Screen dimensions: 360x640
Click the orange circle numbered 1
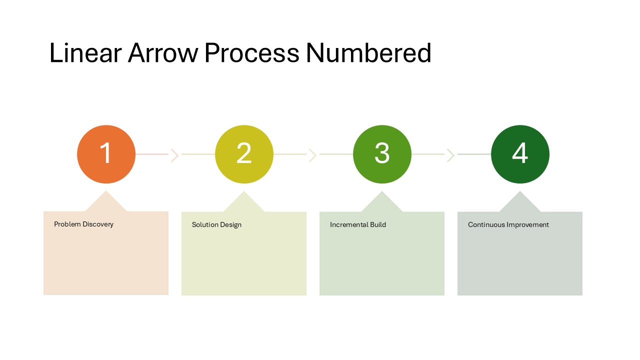click(106, 154)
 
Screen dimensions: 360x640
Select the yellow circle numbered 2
click(244, 154)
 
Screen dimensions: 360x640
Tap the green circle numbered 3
click(382, 154)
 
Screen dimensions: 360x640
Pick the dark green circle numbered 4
click(520, 154)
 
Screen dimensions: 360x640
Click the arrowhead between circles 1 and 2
click(174, 155)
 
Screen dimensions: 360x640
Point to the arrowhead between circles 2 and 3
click(313, 155)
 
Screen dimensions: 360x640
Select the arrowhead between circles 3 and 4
click(451, 155)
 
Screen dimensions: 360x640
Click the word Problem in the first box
click(67, 224)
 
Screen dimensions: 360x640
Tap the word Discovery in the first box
click(98, 224)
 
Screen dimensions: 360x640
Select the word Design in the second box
click(230, 225)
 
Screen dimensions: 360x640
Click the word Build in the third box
click(378, 225)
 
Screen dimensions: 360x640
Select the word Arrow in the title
click(163, 53)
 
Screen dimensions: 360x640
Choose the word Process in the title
click(252, 53)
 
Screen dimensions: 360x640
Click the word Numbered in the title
click(368, 53)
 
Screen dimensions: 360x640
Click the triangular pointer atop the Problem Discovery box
click(106, 203)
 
